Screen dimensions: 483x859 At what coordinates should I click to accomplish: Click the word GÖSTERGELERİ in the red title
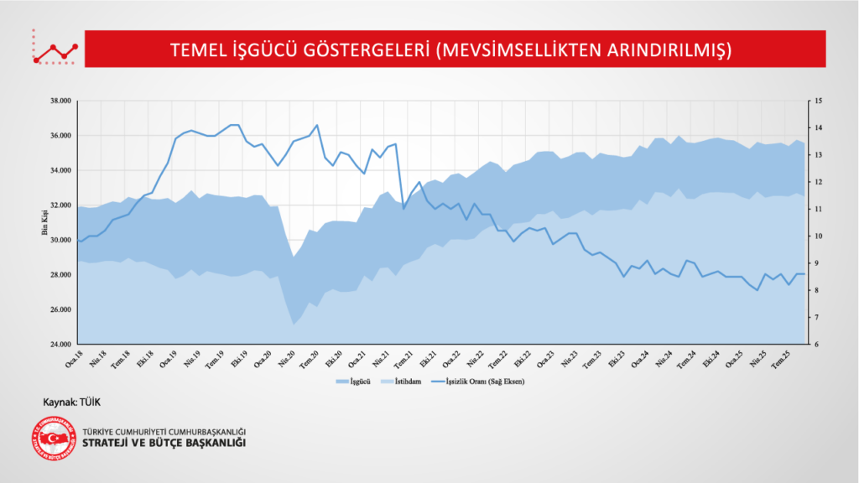pyautogui.click(x=375, y=50)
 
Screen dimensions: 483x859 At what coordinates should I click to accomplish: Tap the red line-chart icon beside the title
pyautogui.click(x=55, y=50)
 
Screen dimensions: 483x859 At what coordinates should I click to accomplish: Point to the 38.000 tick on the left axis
pyautogui.click(x=60, y=101)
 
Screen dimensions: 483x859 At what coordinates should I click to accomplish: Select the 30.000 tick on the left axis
pyautogui.click(x=60, y=240)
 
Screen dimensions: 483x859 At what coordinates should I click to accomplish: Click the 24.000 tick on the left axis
pyautogui.click(x=60, y=345)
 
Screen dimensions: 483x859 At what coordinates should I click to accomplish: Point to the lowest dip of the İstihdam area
pyautogui.click(x=294, y=325)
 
